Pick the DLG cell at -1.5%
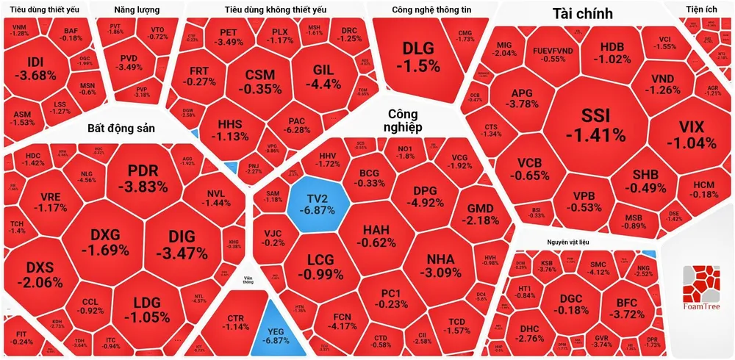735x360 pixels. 420,57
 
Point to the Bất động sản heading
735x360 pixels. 121,127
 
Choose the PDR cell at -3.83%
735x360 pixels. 143,178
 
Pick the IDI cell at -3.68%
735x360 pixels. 37,68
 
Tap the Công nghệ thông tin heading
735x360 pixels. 428,10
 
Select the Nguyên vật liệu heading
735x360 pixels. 567,242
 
